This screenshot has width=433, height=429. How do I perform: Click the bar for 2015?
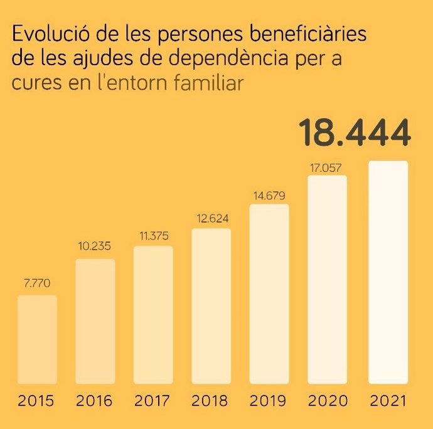[x=37, y=339]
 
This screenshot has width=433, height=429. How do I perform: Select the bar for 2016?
[x=95, y=321]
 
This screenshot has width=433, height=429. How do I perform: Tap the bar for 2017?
[x=153, y=314]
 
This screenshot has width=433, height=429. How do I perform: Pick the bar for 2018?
[x=211, y=306]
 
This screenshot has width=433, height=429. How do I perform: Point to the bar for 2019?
[x=269, y=294]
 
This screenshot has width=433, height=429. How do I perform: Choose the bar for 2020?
[x=327, y=279]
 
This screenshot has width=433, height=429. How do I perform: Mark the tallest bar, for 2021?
[x=388, y=272]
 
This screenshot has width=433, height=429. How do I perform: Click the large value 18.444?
[x=355, y=132]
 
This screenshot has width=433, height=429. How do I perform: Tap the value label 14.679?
[x=269, y=196]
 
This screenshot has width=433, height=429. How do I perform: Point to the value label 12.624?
[x=211, y=220]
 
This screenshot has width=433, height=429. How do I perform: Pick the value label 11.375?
[x=153, y=236]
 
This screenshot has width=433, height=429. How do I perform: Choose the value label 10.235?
[x=95, y=247]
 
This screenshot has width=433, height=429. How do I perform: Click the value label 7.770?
[x=37, y=284]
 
